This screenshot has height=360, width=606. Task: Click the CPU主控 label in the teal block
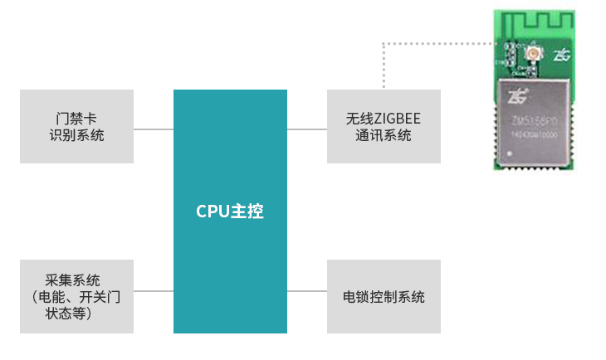coord(230,212)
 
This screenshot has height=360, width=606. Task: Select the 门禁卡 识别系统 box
coord(76,126)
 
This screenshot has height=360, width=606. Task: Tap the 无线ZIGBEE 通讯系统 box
coord(384,126)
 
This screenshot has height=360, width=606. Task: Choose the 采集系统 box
coord(76,296)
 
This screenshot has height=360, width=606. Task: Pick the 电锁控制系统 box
coord(384,296)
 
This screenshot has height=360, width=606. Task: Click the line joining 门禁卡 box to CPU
coord(154,129)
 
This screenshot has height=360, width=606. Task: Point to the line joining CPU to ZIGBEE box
coord(307,129)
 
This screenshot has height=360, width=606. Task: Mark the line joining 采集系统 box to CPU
coord(154,291)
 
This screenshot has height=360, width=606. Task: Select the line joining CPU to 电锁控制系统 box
coord(307,291)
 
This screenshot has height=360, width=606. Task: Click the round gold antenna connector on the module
coord(531,55)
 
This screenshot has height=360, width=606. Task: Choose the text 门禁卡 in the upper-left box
coord(76,119)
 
